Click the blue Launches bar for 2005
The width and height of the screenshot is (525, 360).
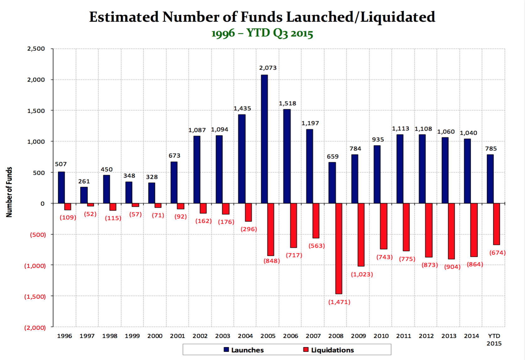click(264, 139)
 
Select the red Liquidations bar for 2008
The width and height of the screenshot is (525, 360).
click(339, 248)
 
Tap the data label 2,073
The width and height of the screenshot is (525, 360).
click(268, 68)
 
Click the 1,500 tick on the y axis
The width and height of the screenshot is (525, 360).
click(36, 111)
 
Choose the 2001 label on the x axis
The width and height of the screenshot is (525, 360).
click(177, 336)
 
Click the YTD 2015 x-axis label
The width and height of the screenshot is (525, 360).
click(494, 339)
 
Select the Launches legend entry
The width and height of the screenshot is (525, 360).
click(244, 350)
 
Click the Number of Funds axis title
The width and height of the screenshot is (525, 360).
click(9, 192)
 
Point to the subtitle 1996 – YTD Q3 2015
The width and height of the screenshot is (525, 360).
click(262, 33)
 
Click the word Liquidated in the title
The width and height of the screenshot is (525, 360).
click(398, 17)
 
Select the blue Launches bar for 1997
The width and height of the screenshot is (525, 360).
click(84, 195)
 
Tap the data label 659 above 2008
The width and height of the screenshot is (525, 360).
click(333, 156)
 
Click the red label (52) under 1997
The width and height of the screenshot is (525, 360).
click(90, 214)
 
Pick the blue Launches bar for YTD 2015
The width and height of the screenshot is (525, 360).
click(490, 179)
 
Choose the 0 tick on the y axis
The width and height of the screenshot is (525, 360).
click(42, 204)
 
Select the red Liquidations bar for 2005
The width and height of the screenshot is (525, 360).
click(271, 229)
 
